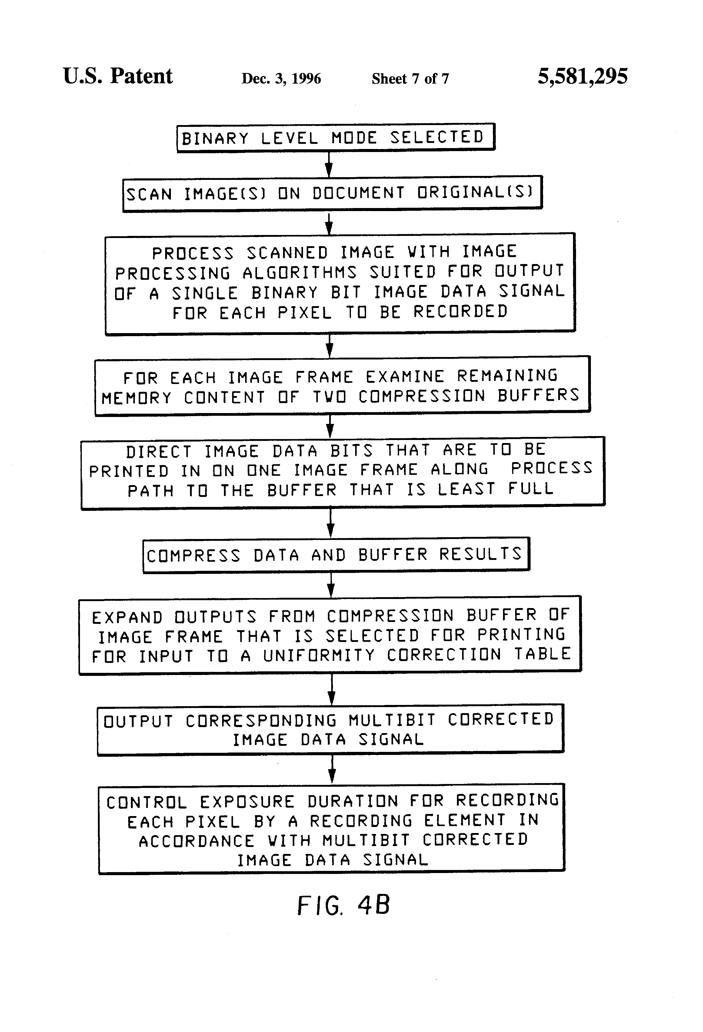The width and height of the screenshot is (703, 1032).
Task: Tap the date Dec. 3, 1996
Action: point(281,79)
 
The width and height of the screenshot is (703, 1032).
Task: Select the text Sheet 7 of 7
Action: point(410,79)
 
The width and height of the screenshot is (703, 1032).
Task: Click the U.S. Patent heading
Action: point(118,76)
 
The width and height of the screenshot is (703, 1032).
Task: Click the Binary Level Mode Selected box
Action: point(335,138)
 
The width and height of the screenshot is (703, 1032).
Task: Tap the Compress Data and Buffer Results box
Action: point(336,555)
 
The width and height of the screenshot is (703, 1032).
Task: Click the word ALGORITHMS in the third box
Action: point(299,272)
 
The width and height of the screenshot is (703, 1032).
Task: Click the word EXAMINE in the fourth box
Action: point(405,377)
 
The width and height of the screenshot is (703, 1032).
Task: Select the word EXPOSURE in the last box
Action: point(247,802)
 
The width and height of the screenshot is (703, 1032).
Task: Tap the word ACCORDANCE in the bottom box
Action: point(196,841)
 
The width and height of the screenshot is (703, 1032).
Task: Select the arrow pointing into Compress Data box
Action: point(330,523)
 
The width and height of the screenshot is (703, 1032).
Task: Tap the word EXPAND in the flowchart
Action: point(127,617)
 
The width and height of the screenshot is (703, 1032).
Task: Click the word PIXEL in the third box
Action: point(305,313)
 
